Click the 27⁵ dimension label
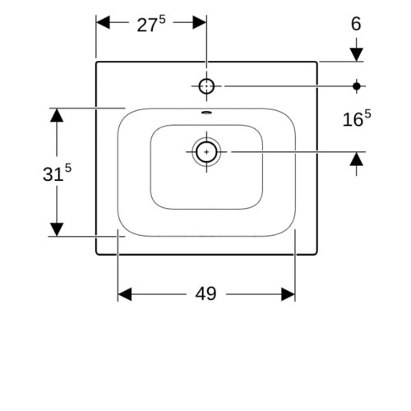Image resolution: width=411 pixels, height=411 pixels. [151, 24]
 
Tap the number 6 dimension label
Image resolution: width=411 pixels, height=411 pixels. [356, 24]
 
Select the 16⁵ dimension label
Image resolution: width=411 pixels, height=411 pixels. [357, 118]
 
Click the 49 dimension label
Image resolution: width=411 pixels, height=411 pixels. [205, 293]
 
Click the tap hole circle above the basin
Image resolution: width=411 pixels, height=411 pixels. [206, 85]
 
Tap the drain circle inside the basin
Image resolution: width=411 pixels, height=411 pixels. [206, 152]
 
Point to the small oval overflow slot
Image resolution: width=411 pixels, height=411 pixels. [206, 112]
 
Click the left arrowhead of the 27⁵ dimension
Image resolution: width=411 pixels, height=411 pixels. [103, 22]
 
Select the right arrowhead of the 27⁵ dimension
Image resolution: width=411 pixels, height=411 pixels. [200, 22]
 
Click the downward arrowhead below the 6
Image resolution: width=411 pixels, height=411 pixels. [357, 54]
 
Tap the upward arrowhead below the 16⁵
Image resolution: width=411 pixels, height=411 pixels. [357, 159]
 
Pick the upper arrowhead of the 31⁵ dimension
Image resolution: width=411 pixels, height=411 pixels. [57, 115]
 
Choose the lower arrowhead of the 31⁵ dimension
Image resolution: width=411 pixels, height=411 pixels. [57, 229]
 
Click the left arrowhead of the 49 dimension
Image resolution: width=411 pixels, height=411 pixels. [125, 294]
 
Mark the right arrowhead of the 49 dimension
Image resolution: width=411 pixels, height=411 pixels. [289, 294]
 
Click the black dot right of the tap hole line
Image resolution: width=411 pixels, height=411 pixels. [357, 86]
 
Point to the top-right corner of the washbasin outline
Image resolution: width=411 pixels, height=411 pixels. [317, 62]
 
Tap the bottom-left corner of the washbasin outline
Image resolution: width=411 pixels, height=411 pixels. [96, 255]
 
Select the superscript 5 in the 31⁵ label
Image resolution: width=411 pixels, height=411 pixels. [68, 168]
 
